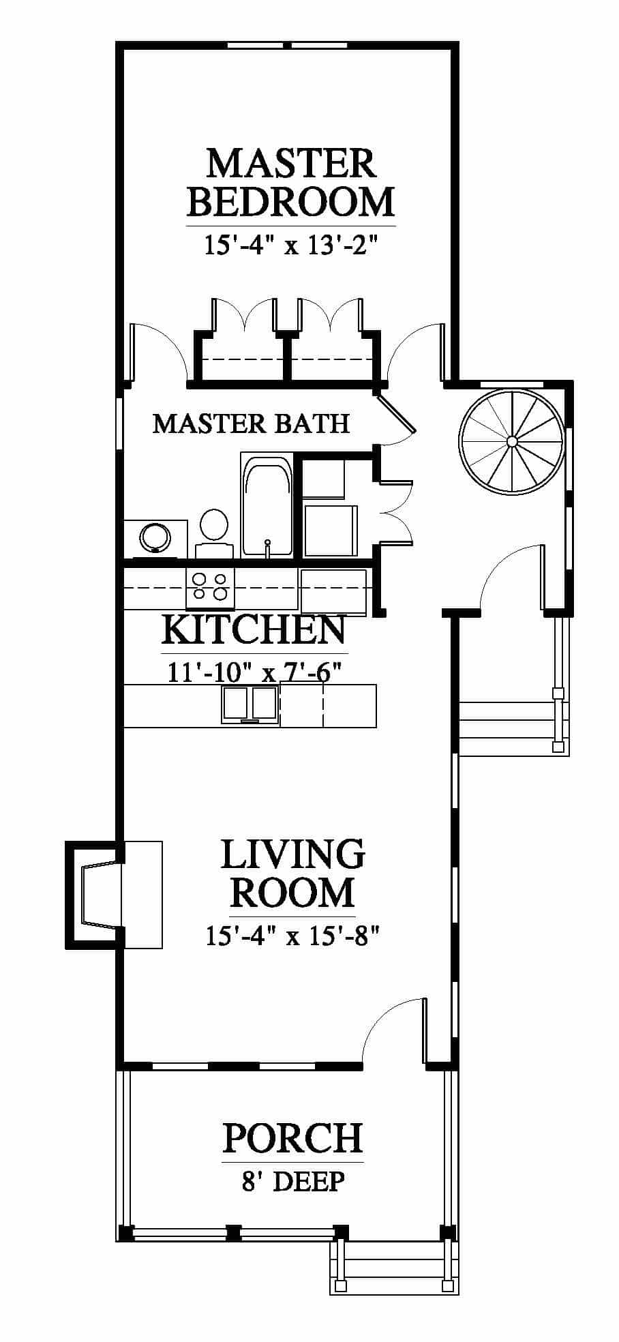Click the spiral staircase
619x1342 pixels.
coord(512,441)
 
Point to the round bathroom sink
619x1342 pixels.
coord(155,537)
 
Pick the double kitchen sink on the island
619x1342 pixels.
coord(249,704)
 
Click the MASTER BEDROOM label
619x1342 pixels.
coord(291,182)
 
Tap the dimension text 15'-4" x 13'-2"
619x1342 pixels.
coord(291,244)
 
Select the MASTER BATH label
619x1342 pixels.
coord(251,423)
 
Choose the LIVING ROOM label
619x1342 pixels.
coord(292,873)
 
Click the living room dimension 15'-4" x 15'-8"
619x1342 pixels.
coord(292,936)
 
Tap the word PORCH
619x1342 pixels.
coord(292,1138)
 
